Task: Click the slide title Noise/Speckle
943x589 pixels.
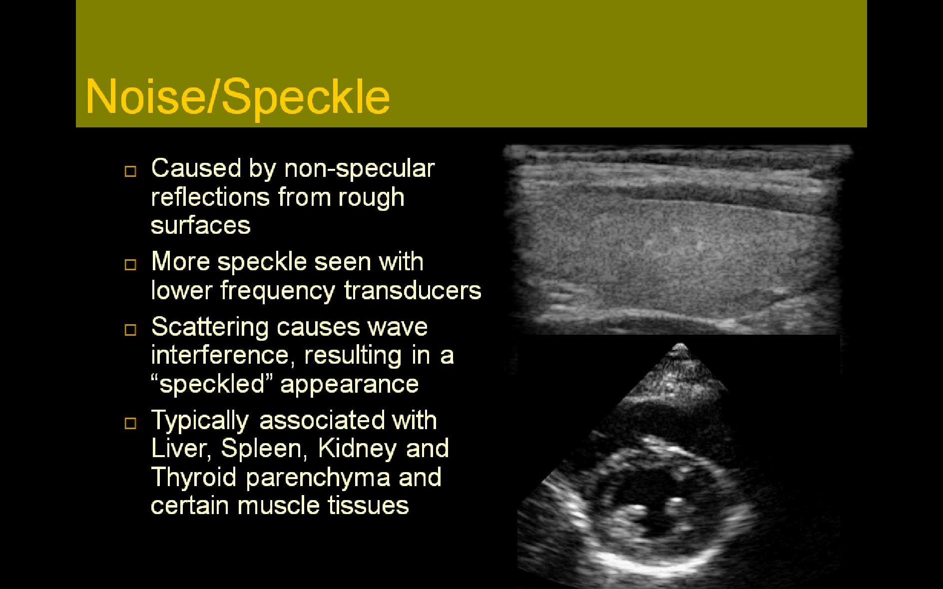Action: [x=238, y=96]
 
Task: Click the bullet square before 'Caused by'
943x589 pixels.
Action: [x=130, y=171]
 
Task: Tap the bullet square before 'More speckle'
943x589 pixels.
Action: [x=130, y=265]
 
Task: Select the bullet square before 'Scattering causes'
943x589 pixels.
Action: [x=130, y=330]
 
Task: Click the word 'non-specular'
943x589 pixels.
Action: [x=359, y=169]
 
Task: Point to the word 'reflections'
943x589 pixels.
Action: [x=209, y=197]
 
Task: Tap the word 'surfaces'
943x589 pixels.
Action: [x=200, y=225]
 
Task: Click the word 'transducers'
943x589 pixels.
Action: [x=413, y=291]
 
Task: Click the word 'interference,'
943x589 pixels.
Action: [x=220, y=356]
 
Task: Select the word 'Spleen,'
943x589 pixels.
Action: [x=263, y=449]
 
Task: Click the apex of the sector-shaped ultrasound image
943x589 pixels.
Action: [x=680, y=346]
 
